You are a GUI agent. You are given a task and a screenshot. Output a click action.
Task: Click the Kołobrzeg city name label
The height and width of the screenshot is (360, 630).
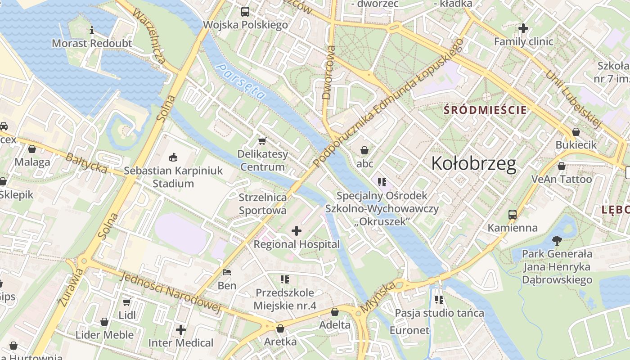(x=473, y=164)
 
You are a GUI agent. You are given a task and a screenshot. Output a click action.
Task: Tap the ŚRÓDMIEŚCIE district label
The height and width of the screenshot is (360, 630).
(x=485, y=110)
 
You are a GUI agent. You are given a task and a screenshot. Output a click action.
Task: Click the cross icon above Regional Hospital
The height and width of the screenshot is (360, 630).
(x=297, y=231)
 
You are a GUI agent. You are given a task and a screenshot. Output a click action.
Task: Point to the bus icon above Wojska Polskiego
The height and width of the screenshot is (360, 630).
(x=245, y=12)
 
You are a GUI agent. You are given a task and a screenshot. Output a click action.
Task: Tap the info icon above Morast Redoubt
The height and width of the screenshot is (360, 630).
(x=92, y=31)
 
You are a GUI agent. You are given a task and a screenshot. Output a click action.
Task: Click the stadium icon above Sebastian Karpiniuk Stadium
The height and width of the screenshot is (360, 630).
(x=172, y=157)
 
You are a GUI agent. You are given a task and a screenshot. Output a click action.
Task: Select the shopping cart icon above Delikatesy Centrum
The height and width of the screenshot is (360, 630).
(x=262, y=141)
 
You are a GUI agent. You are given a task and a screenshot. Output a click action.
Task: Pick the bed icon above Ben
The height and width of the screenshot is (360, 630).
(x=227, y=272)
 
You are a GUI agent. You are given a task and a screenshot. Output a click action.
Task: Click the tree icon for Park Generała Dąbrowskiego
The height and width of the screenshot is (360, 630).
(x=557, y=240)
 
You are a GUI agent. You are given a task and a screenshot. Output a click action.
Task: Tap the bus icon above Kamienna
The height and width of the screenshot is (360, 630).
(x=513, y=214)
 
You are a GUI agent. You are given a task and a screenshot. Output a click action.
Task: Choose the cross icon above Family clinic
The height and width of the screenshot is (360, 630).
(x=523, y=28)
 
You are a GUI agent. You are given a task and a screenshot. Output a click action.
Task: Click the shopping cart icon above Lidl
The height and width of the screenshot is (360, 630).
(x=127, y=301)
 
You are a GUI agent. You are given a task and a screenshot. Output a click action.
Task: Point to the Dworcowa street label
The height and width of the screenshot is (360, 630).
(x=329, y=72)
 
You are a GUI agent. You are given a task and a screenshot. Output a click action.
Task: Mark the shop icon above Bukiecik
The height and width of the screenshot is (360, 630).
(x=576, y=132)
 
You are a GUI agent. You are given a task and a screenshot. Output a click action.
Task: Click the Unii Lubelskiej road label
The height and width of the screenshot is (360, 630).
(x=574, y=99)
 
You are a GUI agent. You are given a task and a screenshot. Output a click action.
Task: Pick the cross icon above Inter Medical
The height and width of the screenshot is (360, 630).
(x=181, y=330)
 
